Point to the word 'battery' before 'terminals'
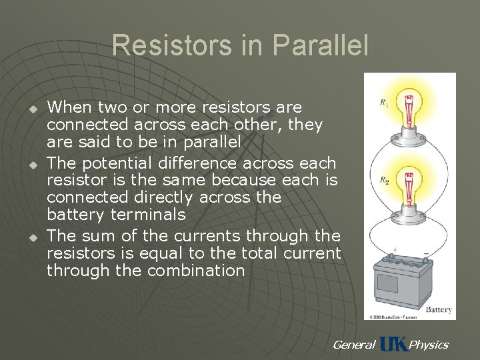pos(72,215)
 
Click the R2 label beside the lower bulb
pos(383,181)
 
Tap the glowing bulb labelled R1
pos(409,107)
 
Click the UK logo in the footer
pos(393,344)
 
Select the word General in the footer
pos(353,345)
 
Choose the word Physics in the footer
pos(429,345)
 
